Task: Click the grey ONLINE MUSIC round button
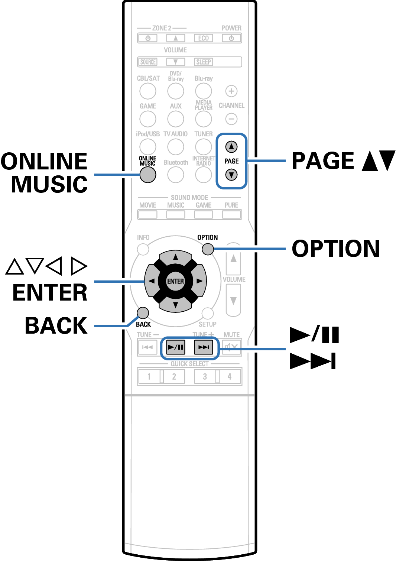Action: click(x=148, y=175)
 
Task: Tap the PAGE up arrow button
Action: click(x=231, y=147)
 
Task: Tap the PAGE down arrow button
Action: click(x=231, y=175)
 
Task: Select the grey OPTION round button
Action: click(x=208, y=249)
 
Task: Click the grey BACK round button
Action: click(x=143, y=313)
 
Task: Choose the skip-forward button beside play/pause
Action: click(x=203, y=347)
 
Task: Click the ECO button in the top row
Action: click(x=203, y=38)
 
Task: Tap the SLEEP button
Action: click(x=203, y=62)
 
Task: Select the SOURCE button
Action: click(x=148, y=62)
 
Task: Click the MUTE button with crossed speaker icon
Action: click(x=231, y=347)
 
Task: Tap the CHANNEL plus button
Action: click(x=231, y=91)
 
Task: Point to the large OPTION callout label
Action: click(x=336, y=249)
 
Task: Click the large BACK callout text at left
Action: click(x=56, y=325)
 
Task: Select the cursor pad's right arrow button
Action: click(x=199, y=281)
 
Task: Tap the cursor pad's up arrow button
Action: click(x=176, y=257)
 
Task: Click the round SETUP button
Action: click(x=207, y=313)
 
